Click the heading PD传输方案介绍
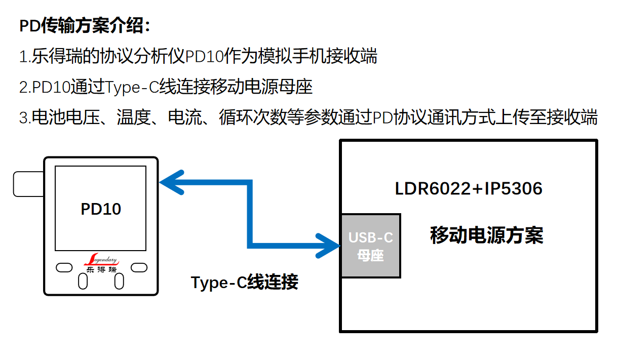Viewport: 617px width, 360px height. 84,26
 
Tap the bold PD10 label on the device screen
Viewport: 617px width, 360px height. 101,209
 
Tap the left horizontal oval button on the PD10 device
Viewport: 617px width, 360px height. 64,267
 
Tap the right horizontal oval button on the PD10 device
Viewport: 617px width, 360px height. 139,267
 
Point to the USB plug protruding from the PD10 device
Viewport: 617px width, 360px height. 28,184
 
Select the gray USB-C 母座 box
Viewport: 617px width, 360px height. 370,246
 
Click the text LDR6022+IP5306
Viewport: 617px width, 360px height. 469,189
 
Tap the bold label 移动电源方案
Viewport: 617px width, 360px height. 486,235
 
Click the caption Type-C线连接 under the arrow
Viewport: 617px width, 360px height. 244,282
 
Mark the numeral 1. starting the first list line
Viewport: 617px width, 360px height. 24,56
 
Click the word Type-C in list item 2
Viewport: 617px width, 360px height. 132,87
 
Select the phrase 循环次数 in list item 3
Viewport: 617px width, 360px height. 253,118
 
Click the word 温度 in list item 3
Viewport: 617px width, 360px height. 133,118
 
